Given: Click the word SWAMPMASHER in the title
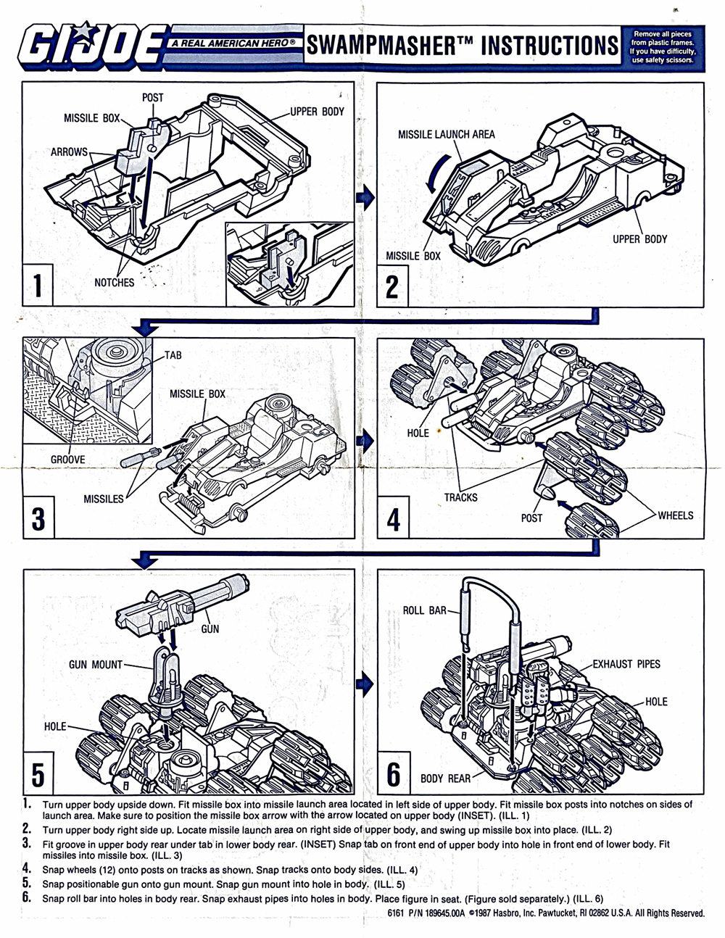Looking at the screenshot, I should pos(380,46).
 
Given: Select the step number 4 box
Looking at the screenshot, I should pos(393,519).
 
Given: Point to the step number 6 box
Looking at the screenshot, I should pos(394,773).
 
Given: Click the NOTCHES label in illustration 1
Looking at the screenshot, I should pos(114,283).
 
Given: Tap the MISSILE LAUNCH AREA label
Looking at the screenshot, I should pos(446,134).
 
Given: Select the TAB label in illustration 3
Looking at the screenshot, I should pos(173,355).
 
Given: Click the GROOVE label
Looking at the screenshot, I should pos(67,460).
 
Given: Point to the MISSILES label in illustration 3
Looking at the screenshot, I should pos(103,499).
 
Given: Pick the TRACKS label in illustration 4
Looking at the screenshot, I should pos(460,497).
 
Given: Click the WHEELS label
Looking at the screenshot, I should pos(675,515).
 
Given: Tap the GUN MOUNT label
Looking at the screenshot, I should pos(96,664).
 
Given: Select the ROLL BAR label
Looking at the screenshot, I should pos(425,610).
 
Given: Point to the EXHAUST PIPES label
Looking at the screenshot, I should pos(626,663).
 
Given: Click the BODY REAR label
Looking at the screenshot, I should pos(445,779).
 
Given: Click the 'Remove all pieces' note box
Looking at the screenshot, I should pos(662,46).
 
